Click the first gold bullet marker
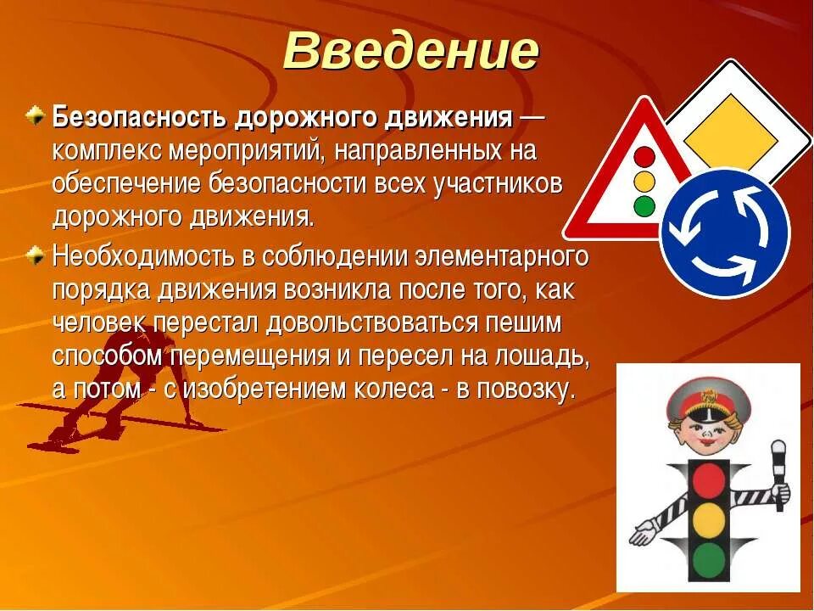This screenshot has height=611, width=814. (35, 115)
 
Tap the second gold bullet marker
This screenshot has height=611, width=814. (35, 253)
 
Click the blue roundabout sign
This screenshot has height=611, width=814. (724, 233)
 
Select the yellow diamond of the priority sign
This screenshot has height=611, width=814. (730, 136)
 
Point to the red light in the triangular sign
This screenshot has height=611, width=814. (645, 157)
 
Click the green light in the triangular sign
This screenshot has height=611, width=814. (645, 205)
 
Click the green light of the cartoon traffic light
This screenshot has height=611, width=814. (709, 559)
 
